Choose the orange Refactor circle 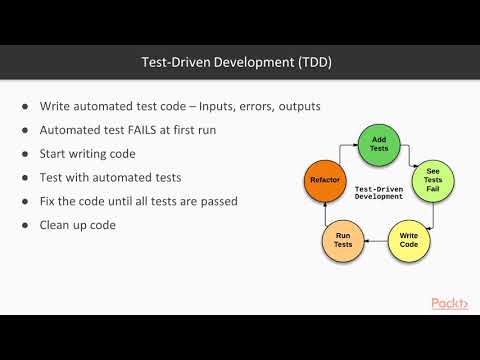326,180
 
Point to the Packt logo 449,303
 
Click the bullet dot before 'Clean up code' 25,225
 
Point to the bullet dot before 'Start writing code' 25,153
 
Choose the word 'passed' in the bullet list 216,201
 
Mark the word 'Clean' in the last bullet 56,225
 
